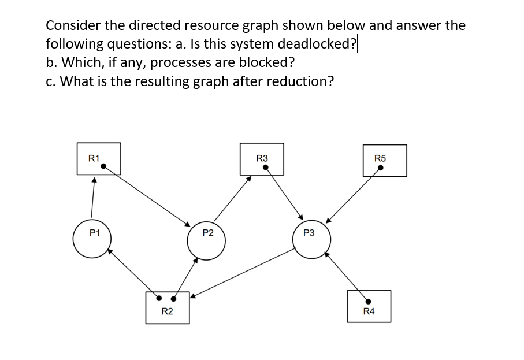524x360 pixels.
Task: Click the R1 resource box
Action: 99,158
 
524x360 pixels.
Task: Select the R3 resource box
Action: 262,159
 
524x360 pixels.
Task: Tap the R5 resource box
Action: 385,160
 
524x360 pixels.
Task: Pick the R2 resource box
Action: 167,307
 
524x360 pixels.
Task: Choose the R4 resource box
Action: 369,306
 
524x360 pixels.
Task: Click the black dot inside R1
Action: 103,166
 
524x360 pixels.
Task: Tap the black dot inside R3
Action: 265,168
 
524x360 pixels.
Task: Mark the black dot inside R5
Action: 380,168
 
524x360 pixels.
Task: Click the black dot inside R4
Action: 368,300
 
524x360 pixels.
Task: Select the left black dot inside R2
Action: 160,299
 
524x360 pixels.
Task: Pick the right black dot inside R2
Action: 173,299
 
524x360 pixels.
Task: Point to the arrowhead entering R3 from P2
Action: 249,179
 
